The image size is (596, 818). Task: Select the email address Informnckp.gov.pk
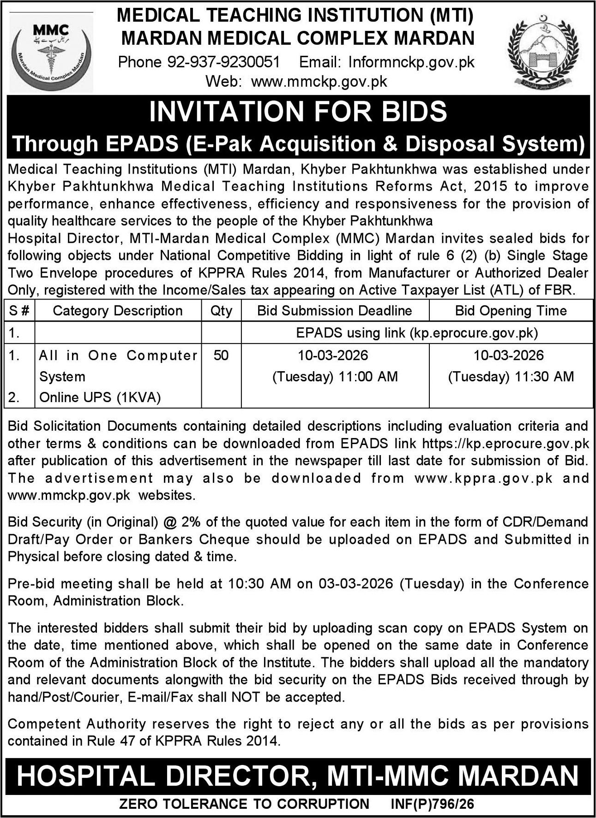click(x=411, y=62)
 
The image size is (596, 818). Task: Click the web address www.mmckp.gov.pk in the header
click(x=319, y=82)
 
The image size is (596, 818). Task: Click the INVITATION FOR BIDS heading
click(x=298, y=111)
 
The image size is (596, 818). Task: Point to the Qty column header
click(x=221, y=311)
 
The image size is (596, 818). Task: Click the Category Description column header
click(x=118, y=311)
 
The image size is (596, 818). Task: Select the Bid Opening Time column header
click(x=511, y=311)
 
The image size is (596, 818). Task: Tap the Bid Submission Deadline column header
click(x=335, y=311)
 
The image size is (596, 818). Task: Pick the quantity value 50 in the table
click(x=221, y=355)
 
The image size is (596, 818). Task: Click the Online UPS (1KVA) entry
click(x=100, y=397)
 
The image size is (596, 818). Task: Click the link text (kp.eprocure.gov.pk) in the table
click(x=474, y=333)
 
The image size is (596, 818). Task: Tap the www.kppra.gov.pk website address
click(x=483, y=478)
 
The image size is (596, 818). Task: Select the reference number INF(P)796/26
click(x=432, y=804)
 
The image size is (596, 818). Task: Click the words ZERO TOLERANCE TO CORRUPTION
click(x=244, y=804)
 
